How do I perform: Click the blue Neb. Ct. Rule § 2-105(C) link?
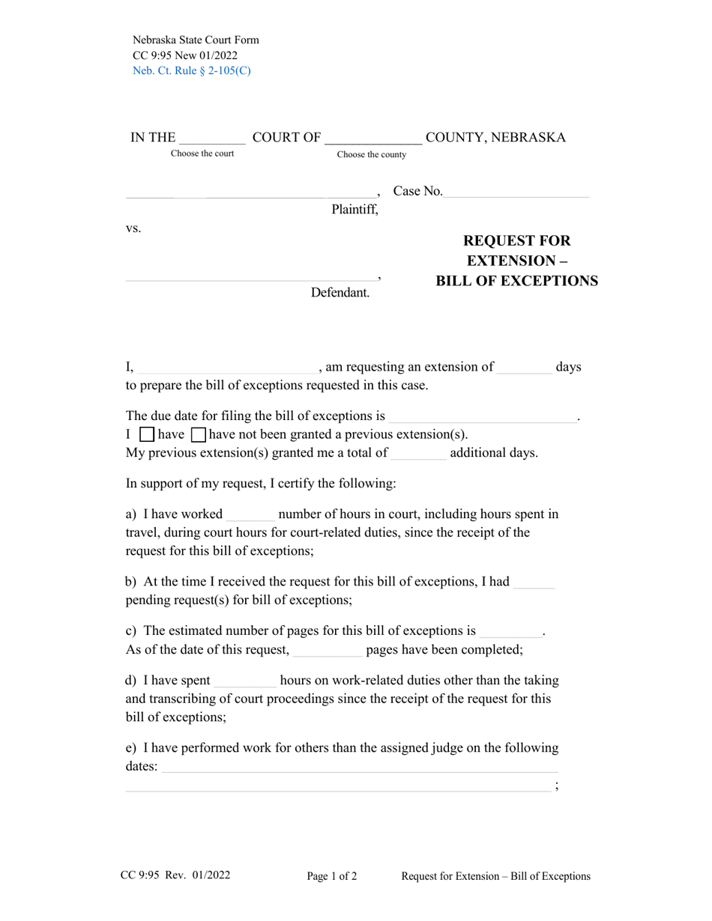(x=191, y=71)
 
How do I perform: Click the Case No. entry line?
(x=516, y=192)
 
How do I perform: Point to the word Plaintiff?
(x=355, y=210)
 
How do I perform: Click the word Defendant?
(x=340, y=293)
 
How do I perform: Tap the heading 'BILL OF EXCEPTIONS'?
(x=516, y=281)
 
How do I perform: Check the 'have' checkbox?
(x=148, y=434)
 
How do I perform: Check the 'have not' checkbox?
(x=199, y=434)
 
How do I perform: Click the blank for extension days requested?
(x=524, y=368)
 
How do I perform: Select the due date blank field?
(x=483, y=416)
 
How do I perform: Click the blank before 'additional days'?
(x=418, y=453)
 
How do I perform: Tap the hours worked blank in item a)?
(x=250, y=514)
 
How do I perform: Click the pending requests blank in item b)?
(x=534, y=583)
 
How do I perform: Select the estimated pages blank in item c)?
(x=510, y=631)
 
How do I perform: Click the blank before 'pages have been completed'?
(x=327, y=650)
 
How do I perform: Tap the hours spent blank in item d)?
(x=245, y=681)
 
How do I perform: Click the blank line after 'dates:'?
(x=360, y=767)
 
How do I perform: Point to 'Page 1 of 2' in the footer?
(x=332, y=876)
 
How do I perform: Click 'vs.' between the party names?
(x=133, y=228)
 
